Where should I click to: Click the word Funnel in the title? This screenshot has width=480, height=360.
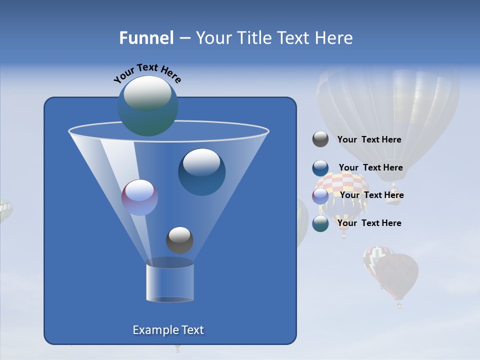146,38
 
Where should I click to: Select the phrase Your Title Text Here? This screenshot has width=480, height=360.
274,38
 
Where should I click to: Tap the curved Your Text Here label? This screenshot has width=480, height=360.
147,73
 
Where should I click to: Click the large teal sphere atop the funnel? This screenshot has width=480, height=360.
147,105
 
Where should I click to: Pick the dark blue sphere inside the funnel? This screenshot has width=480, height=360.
201,172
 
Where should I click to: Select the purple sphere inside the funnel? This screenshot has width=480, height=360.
139,197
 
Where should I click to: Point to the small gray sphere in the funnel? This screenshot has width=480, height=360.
179,240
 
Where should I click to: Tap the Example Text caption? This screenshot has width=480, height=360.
168,330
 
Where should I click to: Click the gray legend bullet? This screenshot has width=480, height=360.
320,139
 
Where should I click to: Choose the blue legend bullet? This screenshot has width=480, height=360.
320,168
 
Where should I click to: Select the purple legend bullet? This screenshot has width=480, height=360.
320,196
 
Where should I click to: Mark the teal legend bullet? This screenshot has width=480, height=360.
320,223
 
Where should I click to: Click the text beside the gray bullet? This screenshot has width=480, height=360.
369,139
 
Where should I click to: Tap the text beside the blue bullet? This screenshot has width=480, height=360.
370,167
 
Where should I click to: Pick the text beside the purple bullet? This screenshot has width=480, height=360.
371,195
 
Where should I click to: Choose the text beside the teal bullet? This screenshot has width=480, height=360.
369,223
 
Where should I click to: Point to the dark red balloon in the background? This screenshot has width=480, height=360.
398,275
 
